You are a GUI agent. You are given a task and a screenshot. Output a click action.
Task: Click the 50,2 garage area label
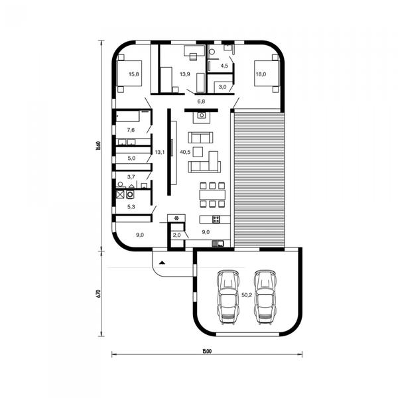pos(247,295)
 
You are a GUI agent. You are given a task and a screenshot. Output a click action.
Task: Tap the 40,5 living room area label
pos(185,152)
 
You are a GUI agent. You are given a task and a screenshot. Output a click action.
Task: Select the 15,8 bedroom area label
pos(134,74)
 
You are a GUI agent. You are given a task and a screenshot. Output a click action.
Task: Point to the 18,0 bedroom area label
pos(261,74)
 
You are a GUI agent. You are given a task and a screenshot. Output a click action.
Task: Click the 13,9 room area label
pos(185,74)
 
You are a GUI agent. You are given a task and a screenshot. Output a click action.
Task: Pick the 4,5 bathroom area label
pos(224,66)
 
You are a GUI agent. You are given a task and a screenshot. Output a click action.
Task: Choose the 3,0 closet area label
pos(222,87)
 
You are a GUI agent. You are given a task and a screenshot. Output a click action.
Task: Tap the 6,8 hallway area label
pos(201,101)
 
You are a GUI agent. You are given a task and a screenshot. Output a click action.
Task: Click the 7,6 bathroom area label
pos(131,130)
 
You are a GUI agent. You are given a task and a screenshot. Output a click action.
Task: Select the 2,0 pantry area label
pos(176,235)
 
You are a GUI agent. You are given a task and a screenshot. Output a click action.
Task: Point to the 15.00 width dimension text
pos(207,352)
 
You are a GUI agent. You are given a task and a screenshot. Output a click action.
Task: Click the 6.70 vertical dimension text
pos(99,293)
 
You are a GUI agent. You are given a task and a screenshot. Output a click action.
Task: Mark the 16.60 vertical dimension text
pos(99,146)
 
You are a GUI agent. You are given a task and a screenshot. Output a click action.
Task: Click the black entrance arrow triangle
pos(163,263)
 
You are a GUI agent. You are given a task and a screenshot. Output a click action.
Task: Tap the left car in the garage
pos(228,297)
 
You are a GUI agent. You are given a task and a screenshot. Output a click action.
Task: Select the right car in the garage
pos(265,297)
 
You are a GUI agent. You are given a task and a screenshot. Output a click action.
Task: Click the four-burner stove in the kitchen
pos(216,220)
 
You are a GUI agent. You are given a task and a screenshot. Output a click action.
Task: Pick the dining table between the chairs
pos(212,195)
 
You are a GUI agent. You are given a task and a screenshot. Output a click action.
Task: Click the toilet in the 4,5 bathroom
pos(212,52)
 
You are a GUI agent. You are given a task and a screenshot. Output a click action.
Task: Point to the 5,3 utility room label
pos(131,207)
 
